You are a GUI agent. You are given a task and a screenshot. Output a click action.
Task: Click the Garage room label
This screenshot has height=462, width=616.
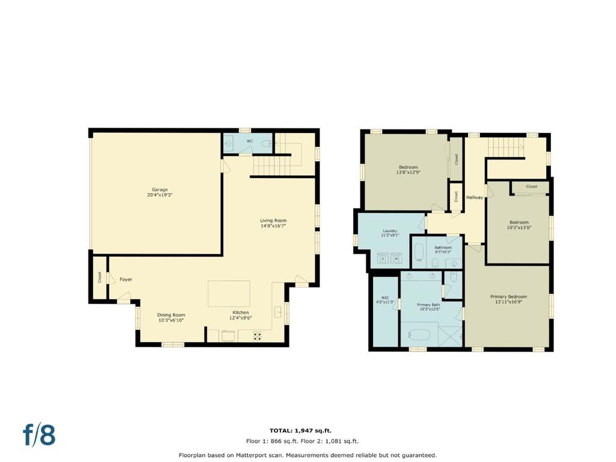coord(160,189)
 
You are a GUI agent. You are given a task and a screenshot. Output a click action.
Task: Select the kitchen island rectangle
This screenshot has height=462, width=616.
coord(229,294)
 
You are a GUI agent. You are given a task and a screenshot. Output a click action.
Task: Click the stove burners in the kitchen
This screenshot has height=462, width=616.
coord(257,336)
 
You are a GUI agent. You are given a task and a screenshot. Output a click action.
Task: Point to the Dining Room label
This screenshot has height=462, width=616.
coord(171,315)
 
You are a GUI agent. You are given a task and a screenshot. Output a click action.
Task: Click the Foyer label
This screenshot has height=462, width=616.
coord(126,279)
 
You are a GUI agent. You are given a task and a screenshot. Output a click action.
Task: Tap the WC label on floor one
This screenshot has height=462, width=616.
coord(250,141)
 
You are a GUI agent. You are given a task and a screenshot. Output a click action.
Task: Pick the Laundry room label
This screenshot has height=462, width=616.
coord(390,231)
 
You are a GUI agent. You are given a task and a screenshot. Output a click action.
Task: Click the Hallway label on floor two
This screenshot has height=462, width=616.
coord(475,197)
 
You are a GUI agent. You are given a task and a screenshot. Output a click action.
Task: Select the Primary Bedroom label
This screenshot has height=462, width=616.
coord(508,297)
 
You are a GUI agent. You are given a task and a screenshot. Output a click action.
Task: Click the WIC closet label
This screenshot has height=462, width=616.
coord(385,298)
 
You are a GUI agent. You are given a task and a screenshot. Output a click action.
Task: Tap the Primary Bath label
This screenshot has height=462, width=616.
coord(428,305)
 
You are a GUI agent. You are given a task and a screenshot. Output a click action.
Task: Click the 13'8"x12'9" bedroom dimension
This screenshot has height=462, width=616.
coord(408,172)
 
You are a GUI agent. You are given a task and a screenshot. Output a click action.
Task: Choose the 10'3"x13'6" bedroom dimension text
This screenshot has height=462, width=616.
coord(519,227)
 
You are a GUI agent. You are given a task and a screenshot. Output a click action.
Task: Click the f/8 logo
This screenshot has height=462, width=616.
coord(39,435)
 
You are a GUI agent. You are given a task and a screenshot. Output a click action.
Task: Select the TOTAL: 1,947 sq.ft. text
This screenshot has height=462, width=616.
coord(301,431)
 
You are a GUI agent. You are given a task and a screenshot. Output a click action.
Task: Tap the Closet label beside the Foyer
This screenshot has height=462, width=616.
coord(100,277)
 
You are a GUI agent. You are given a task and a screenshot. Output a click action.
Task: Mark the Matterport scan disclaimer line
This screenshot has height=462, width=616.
coord(307,455)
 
